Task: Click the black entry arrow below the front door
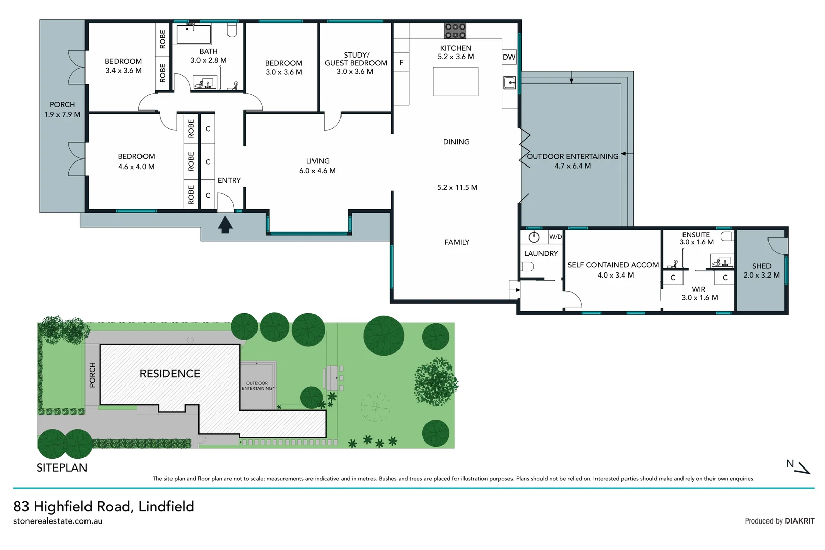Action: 225,225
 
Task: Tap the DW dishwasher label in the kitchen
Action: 509,57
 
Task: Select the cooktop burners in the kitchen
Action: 455,31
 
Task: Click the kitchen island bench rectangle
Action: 456,81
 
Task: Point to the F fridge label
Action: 401,63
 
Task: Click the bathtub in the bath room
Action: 193,35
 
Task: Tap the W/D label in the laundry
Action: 555,237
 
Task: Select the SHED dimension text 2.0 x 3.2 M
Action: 761,275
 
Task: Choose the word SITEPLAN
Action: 62,468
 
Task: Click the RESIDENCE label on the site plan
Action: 170,374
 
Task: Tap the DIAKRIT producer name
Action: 800,521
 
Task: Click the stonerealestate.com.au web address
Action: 58,521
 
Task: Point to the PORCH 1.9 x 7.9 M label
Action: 62,109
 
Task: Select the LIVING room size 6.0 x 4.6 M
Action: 318,171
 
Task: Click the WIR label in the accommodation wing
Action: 698,289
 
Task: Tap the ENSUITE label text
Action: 696,235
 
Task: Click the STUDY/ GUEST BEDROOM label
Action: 356,59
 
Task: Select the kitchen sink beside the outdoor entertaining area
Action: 509,82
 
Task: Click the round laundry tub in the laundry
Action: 534,237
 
